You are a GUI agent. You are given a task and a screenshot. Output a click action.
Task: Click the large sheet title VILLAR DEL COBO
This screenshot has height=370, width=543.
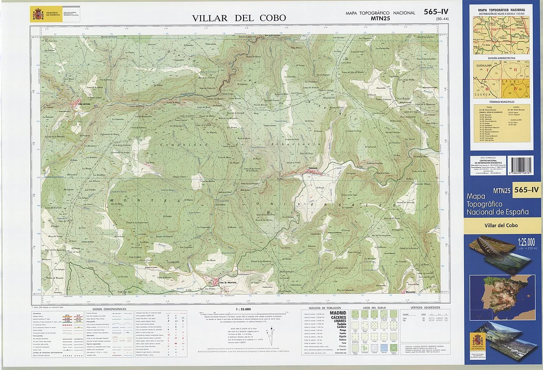click(239, 18)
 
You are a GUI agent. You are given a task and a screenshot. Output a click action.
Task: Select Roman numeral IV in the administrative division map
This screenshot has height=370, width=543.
click(516, 89)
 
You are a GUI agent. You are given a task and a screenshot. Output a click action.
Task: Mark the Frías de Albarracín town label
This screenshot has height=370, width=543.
click(228, 283)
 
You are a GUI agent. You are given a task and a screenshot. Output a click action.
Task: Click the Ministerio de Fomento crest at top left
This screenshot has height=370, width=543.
click(36, 14)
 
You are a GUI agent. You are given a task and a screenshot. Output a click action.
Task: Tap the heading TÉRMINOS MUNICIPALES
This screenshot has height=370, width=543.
click(501, 102)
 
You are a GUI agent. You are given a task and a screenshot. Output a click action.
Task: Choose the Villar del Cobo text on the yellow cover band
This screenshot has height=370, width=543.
click(501, 225)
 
